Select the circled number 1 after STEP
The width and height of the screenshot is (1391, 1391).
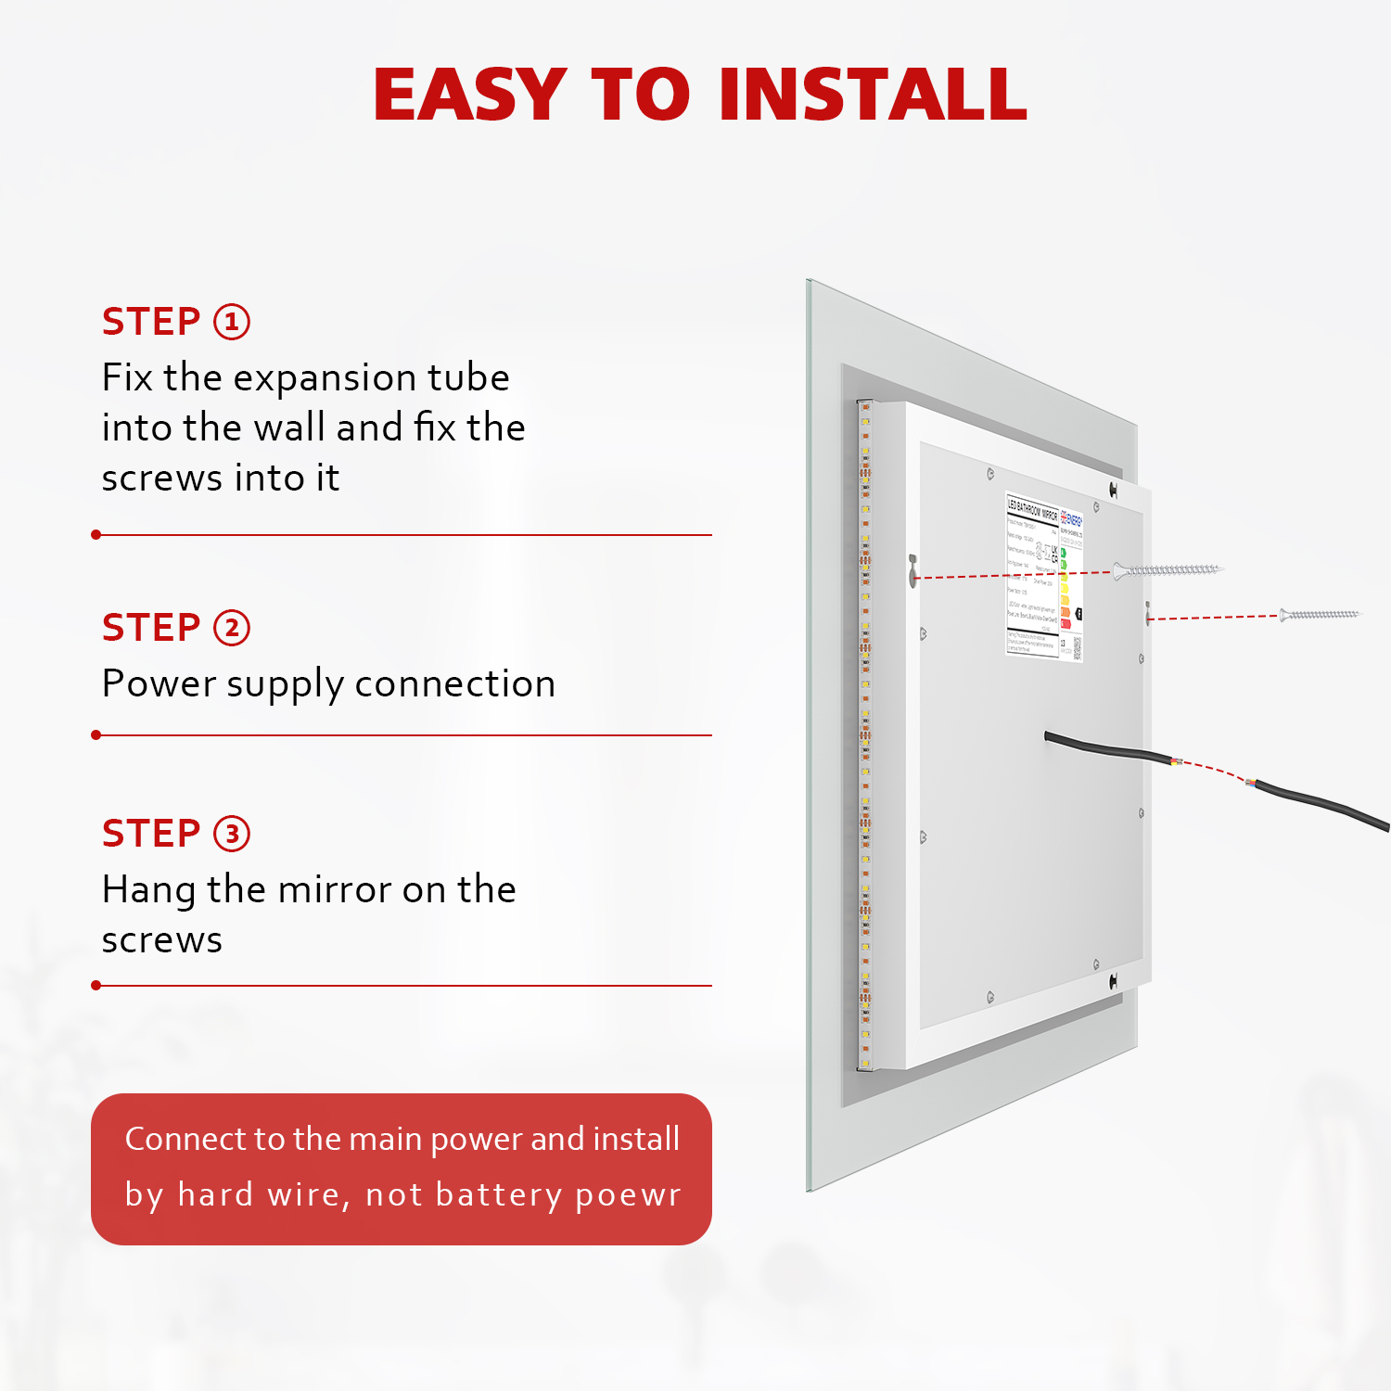pos(232,322)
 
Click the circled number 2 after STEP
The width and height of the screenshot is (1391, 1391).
pos(232,628)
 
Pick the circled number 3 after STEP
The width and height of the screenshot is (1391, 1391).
pos(232,834)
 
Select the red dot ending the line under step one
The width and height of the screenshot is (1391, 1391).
pos(96,535)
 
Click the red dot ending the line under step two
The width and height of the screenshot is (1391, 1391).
pos(96,735)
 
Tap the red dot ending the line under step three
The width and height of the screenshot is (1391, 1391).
pos(96,986)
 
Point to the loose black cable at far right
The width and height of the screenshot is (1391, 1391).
pos(1326,805)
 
